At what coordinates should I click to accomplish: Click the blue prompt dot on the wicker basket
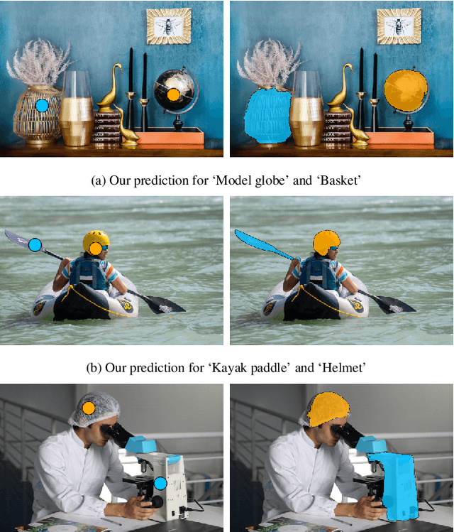coord(42,106)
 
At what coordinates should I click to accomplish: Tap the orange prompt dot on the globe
coord(173,94)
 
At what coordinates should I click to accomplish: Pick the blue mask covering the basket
coord(267,115)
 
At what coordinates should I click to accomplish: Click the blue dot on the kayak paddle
coord(35,244)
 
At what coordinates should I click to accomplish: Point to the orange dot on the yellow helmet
coord(96,249)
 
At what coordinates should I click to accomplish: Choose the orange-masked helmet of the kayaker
coord(326,243)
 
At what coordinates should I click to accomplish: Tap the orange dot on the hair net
coord(89,408)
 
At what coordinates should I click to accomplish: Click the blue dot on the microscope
coord(160,483)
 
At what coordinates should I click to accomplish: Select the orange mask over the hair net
coord(328,409)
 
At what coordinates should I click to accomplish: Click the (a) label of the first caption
coord(99,180)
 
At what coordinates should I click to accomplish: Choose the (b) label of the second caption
coord(94,368)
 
